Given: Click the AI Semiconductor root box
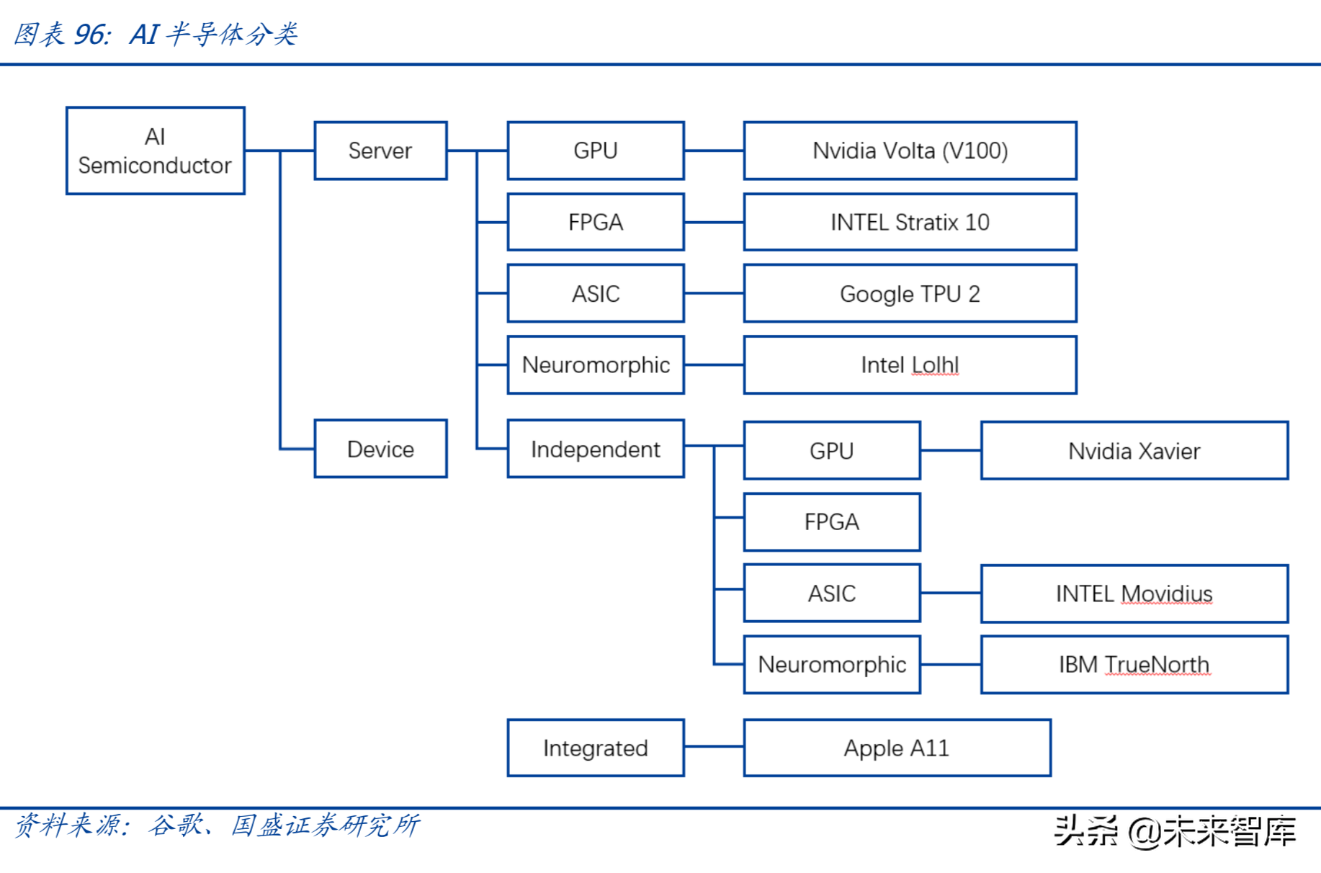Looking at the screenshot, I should [x=155, y=151].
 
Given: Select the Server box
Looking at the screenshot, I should [x=380, y=151].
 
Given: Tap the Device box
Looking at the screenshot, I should [x=380, y=449].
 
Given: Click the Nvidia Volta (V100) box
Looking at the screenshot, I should [x=910, y=151].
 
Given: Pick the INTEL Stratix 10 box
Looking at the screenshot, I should [x=910, y=222].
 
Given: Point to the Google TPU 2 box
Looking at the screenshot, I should [x=910, y=293].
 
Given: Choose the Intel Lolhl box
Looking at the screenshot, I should [x=910, y=365].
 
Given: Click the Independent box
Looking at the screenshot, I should [x=595, y=449].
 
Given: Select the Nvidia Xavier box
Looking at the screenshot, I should [x=1134, y=451].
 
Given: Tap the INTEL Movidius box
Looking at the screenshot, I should [x=1134, y=594].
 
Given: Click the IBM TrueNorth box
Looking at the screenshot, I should [x=1134, y=664].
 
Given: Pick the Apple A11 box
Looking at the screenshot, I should [x=897, y=748].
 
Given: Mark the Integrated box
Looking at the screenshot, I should [x=595, y=748].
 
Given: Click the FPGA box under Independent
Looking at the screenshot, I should [x=832, y=521].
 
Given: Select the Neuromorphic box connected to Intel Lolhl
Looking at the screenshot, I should [x=595, y=365].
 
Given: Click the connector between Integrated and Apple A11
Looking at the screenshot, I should [x=714, y=747].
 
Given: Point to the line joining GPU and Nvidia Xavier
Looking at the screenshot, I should [x=951, y=450].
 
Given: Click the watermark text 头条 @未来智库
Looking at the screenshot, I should [x=1175, y=831].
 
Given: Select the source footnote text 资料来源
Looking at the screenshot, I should [x=71, y=825].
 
